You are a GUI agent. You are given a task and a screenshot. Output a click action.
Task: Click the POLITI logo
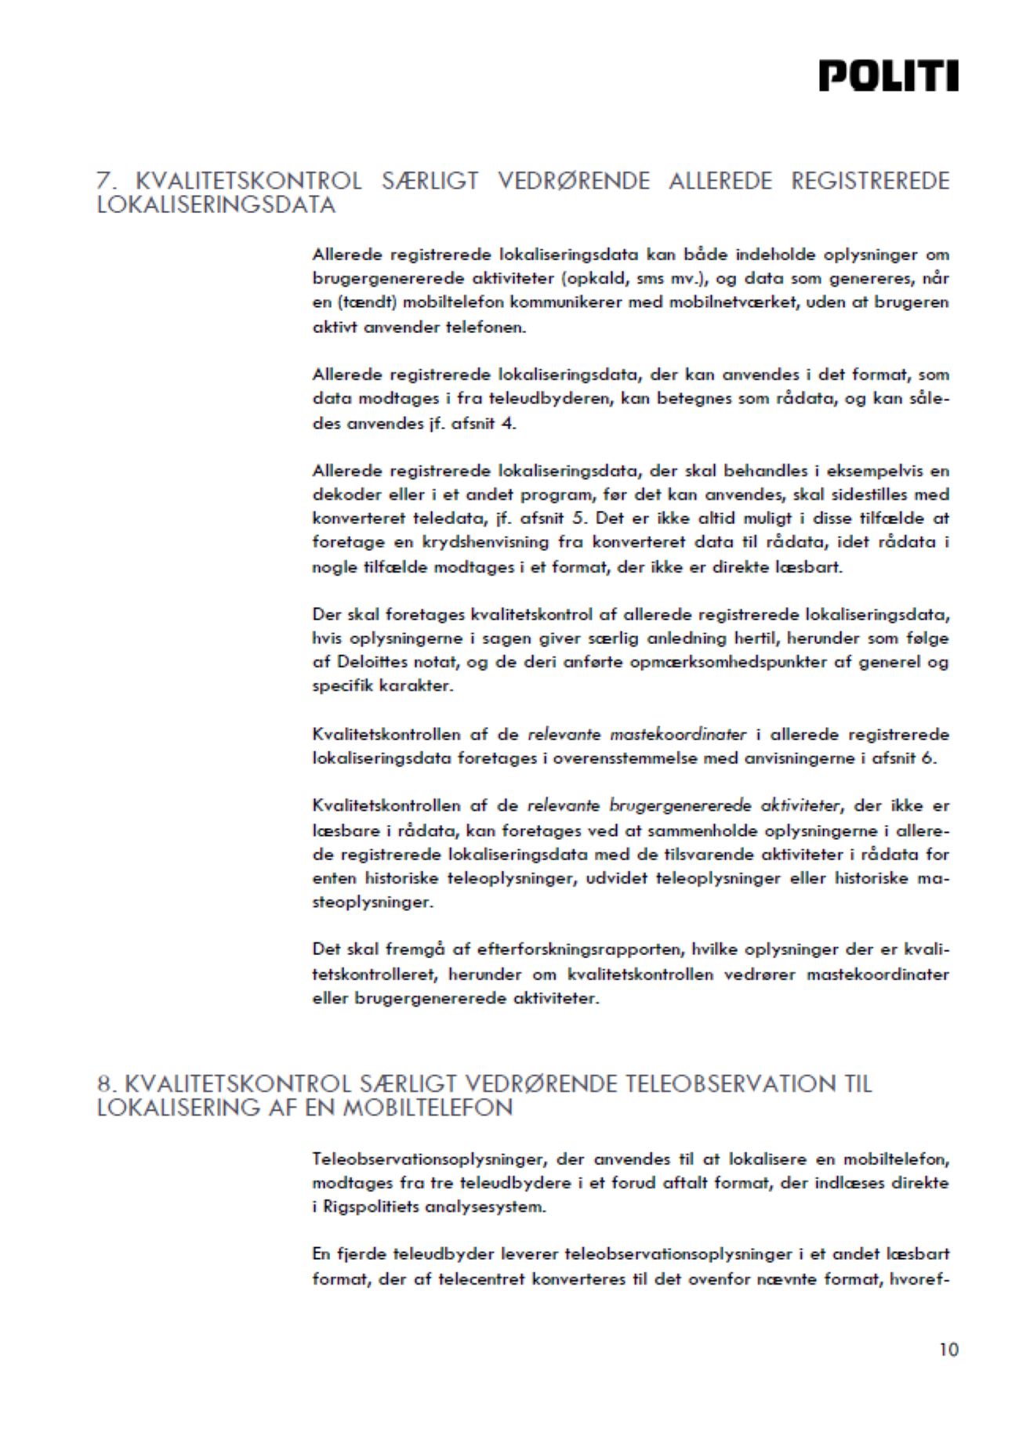click(888, 76)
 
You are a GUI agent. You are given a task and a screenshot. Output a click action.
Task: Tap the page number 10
click(948, 1349)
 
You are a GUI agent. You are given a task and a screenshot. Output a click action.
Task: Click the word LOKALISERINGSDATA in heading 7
click(216, 205)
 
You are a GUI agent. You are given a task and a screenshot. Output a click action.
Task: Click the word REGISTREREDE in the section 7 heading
click(870, 181)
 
